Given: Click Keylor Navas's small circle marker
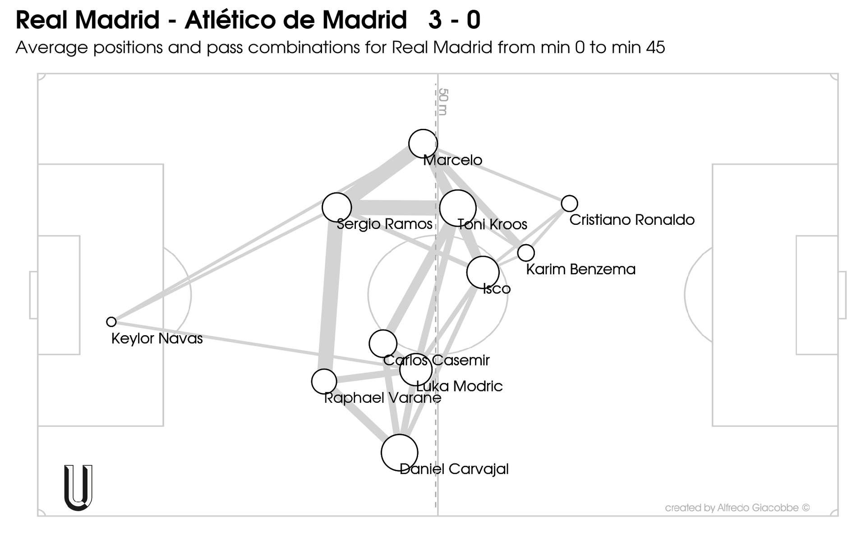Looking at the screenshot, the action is click(111, 322).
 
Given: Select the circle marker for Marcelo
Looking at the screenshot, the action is click(423, 144).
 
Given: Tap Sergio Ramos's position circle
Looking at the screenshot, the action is click(336, 207).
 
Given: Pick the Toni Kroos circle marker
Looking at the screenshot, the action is click(458, 208).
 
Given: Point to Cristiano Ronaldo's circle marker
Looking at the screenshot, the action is click(570, 204).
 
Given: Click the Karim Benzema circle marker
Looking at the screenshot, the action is click(526, 253).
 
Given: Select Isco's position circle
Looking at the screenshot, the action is click(483, 272).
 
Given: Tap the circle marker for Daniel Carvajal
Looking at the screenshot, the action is click(400, 452).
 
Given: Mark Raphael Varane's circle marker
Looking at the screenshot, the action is click(324, 381).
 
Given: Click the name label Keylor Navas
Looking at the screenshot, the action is click(157, 338).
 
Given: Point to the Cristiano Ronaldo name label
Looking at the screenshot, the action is click(632, 220).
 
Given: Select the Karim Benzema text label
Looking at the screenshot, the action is click(581, 269).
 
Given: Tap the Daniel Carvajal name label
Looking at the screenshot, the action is click(454, 469).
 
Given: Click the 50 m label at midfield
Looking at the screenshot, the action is click(443, 102).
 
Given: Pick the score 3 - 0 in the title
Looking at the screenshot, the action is click(455, 20).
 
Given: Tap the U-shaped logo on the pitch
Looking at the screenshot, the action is click(78, 487).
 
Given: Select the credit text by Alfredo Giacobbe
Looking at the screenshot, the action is click(737, 508).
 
